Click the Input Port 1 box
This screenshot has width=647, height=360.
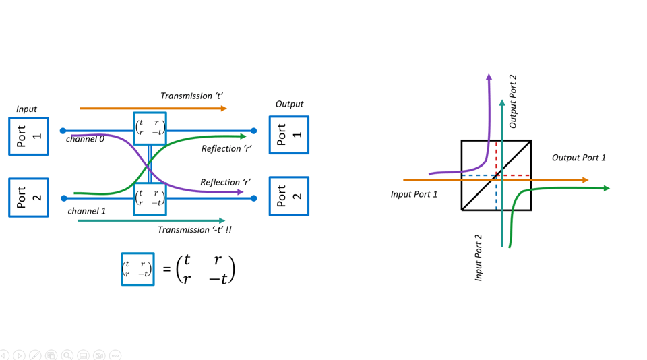coord(28,136)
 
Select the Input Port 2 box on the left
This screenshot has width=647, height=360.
coord(28,198)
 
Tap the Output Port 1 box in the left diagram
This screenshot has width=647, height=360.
coord(288,135)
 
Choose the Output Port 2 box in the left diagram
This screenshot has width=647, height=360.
coord(288,196)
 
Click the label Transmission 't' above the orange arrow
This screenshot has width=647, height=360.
coord(191,96)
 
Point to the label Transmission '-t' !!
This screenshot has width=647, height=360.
coord(195,230)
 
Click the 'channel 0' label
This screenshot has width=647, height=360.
coord(85,140)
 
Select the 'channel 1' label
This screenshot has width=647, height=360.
coord(87,211)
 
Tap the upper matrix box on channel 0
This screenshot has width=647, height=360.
coord(150,128)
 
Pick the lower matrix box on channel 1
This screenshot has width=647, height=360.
coord(150,199)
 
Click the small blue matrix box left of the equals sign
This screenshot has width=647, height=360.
coord(137,269)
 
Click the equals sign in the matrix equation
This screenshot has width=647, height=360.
coord(166,270)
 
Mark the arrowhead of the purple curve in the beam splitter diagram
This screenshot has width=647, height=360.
coord(489,78)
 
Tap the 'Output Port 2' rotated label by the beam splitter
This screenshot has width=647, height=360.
coord(514,102)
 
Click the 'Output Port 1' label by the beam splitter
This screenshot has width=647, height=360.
coord(578,158)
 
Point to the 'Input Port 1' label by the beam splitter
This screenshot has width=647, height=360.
coord(414,195)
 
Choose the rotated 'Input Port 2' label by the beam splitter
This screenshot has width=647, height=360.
coord(479,258)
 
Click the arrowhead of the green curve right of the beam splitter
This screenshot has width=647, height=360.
coord(606,189)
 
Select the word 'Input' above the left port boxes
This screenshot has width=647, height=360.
coord(26,109)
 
